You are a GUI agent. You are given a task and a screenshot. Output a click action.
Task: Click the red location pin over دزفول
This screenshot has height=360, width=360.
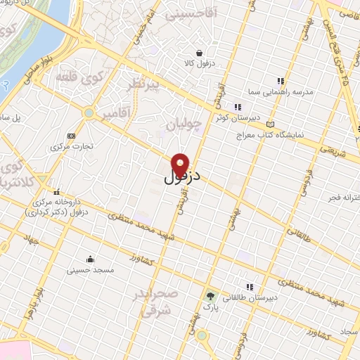click(180, 164)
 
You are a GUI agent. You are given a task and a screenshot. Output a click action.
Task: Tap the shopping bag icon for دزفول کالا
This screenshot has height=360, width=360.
click(200, 53)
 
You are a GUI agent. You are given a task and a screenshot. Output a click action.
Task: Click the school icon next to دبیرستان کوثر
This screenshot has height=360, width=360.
click(226, 107)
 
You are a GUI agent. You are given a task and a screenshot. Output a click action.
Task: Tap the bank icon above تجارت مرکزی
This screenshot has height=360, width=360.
click(70, 136)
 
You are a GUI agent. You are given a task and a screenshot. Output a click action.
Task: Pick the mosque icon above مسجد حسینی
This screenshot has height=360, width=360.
click(89, 258)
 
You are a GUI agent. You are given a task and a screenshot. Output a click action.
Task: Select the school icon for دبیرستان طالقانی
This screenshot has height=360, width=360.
click(249, 286)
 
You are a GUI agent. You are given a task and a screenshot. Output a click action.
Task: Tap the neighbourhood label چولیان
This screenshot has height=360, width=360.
click(184, 125)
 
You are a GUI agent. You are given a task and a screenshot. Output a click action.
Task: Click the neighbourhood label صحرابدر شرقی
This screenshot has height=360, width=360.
click(156, 302)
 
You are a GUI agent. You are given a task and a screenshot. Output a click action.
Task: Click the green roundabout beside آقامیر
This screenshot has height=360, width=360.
click(89, 112)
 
